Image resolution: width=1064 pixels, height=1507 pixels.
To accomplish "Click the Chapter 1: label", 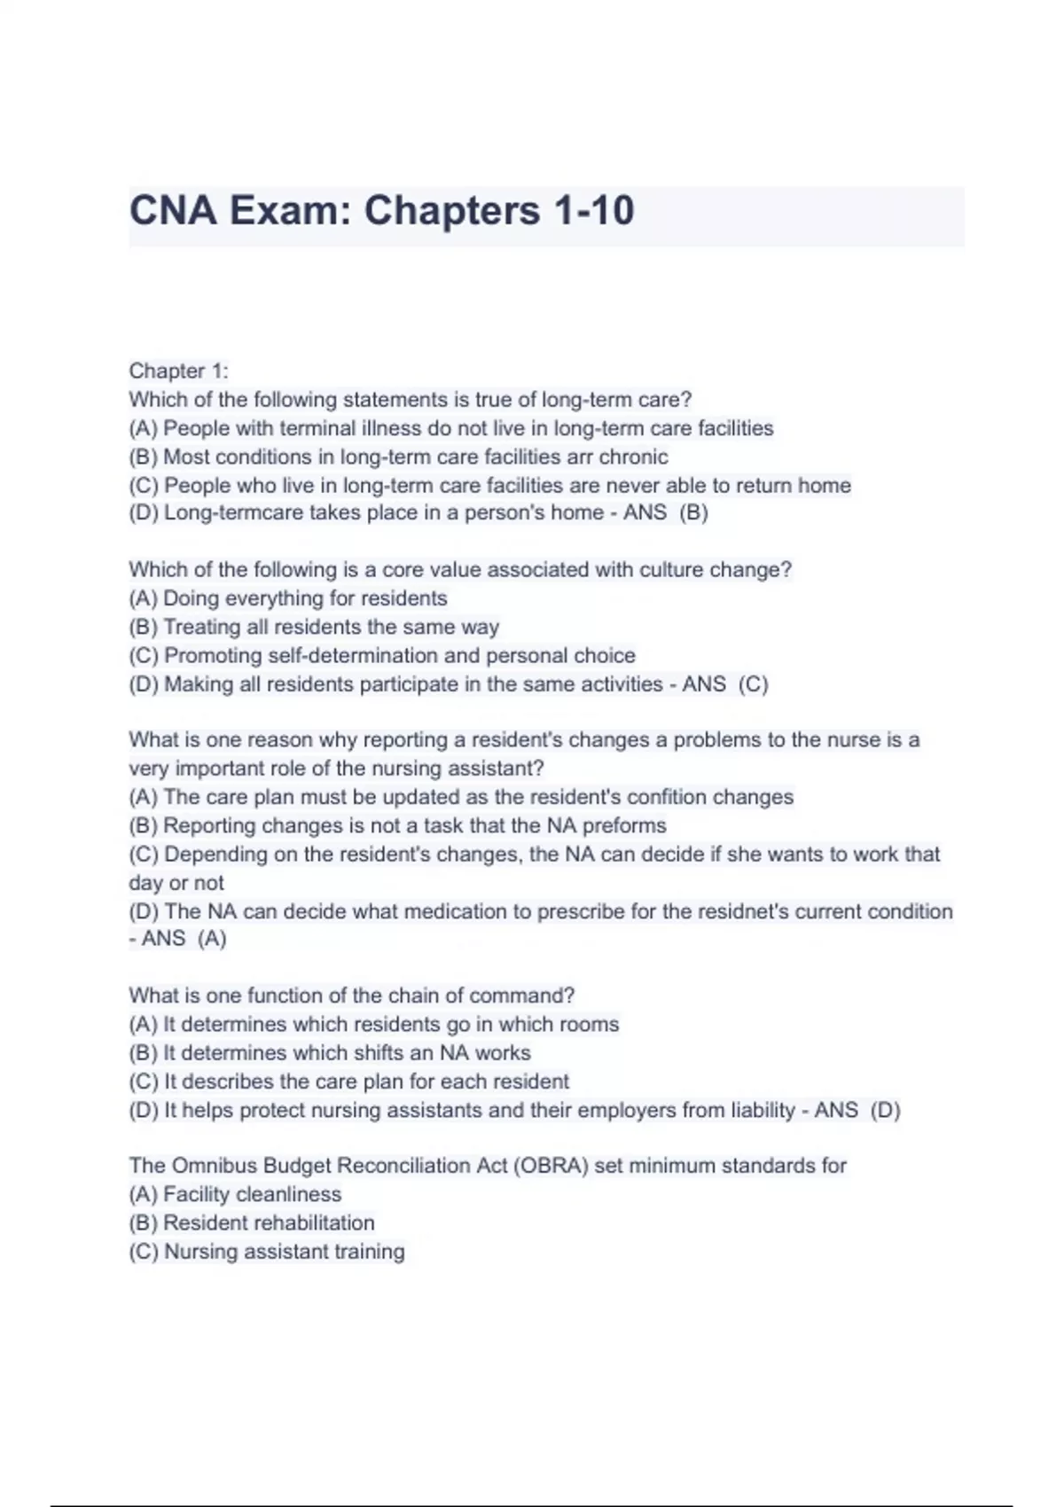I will point(178,371).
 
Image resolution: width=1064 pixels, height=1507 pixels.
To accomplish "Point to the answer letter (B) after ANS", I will point(693,512).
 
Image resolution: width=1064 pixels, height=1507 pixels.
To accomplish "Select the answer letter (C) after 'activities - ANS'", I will point(753,683).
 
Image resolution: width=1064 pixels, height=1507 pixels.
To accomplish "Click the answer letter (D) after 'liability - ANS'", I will point(885,1110).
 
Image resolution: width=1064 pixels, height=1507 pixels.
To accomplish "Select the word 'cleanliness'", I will point(287,1194).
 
